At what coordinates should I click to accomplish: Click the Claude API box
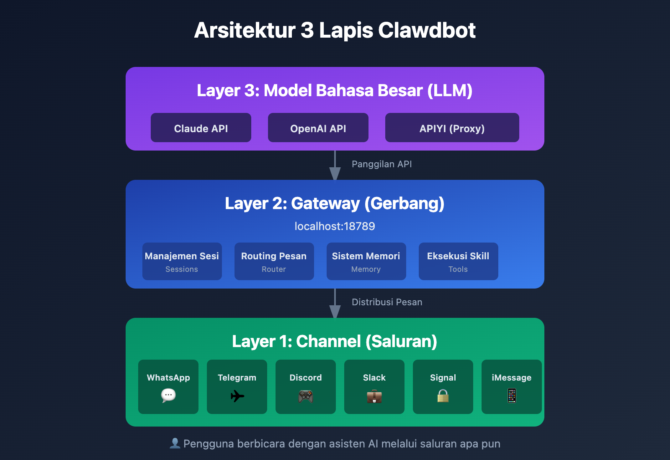click(x=201, y=128)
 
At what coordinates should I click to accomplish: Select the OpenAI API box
click(x=318, y=128)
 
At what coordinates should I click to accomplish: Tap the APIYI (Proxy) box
click(x=452, y=128)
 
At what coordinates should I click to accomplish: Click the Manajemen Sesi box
click(x=182, y=261)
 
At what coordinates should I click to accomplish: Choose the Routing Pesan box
click(x=274, y=261)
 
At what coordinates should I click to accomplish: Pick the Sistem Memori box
click(x=366, y=261)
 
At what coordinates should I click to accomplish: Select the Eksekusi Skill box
click(x=459, y=261)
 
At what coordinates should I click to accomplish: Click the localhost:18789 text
click(x=335, y=226)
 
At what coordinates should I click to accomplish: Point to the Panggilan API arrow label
click(x=381, y=164)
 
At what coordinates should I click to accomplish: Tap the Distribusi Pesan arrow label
click(x=387, y=302)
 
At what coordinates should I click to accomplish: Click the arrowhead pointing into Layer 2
click(x=335, y=173)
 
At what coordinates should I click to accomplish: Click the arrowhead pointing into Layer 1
click(x=335, y=311)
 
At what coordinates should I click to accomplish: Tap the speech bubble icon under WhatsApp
click(x=168, y=395)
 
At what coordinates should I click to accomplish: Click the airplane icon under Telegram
click(x=237, y=396)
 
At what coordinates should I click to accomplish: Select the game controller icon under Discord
click(x=306, y=396)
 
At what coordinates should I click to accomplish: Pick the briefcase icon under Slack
click(x=374, y=396)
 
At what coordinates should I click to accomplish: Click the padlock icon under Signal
click(x=443, y=396)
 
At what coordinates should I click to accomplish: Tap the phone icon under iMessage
click(x=512, y=396)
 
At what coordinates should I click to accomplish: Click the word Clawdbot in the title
click(x=427, y=31)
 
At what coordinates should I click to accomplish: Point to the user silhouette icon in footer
click(x=175, y=443)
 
